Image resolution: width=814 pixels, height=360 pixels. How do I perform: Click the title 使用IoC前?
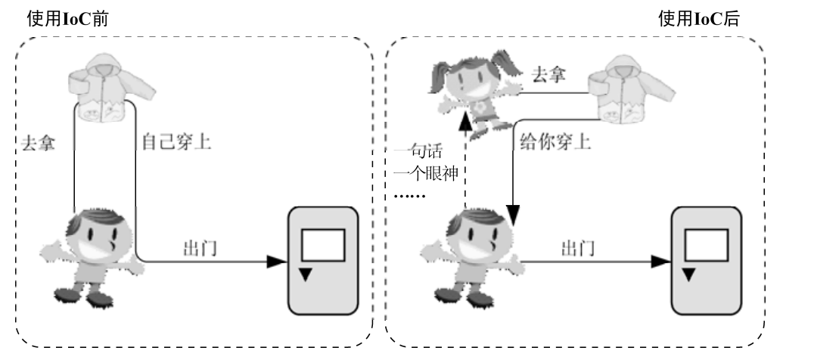(67, 20)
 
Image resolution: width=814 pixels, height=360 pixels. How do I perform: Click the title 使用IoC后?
(698, 20)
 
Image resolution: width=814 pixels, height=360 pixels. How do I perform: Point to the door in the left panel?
(322, 260)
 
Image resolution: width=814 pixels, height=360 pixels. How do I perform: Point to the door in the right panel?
(707, 260)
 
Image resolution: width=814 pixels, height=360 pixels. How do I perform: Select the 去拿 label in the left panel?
(38, 142)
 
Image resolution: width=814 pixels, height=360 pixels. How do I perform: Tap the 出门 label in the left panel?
(200, 247)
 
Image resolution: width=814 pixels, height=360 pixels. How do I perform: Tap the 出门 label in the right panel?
(577, 247)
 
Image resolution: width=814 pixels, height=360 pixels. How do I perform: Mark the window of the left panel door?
(323, 245)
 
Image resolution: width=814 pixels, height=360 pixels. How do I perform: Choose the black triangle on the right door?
(688, 274)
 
